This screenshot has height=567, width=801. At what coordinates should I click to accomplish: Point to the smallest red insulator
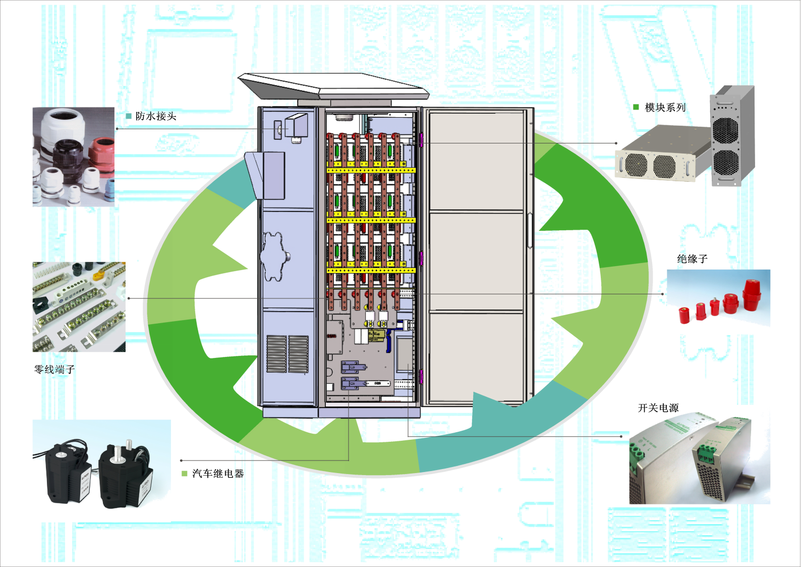(x=684, y=315)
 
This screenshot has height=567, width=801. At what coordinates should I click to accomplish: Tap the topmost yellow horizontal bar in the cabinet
(x=371, y=170)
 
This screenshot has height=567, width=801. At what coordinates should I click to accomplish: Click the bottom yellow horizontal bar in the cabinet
(x=371, y=271)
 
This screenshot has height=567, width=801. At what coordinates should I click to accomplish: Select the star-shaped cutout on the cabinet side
(x=275, y=255)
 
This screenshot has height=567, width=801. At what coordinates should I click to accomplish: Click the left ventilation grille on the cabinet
(x=276, y=354)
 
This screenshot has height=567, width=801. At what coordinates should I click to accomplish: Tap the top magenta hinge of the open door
(x=421, y=140)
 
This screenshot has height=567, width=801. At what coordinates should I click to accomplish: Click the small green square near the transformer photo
(x=185, y=474)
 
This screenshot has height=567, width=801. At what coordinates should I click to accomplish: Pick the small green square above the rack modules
(x=636, y=107)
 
